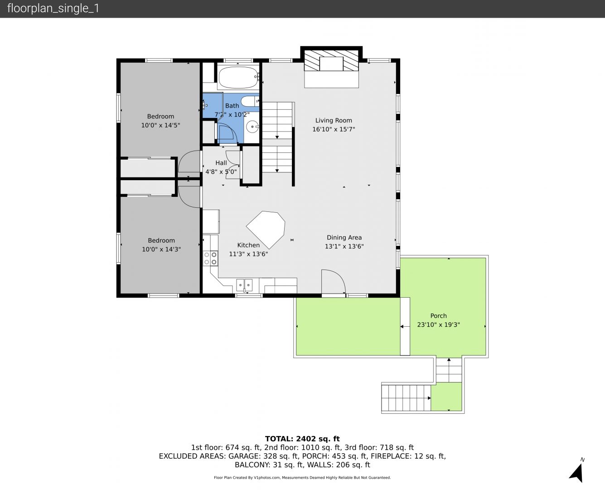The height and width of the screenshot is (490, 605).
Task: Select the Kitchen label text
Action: pos(248,245)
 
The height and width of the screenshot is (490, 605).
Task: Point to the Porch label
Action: pos(438,316)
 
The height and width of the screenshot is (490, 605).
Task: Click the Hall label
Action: pos(221,163)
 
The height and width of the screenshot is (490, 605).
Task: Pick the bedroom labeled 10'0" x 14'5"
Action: pos(160,121)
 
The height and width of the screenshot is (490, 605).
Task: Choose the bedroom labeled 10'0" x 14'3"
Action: pos(161,245)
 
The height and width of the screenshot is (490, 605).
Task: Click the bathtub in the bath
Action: pos(238,78)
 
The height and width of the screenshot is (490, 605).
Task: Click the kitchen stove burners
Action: pos(210,258)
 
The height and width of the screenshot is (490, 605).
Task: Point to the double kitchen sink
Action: pos(244,284)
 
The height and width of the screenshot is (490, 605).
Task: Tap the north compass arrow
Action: pos(576,474)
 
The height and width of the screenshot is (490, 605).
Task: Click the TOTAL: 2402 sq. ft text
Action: pos(302,439)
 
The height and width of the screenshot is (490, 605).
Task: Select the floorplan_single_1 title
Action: pos(53,9)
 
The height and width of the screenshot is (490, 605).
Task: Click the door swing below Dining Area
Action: pos(333,281)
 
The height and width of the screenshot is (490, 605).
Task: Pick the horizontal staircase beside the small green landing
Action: pos(406,398)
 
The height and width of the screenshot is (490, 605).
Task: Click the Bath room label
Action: pos(232,106)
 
